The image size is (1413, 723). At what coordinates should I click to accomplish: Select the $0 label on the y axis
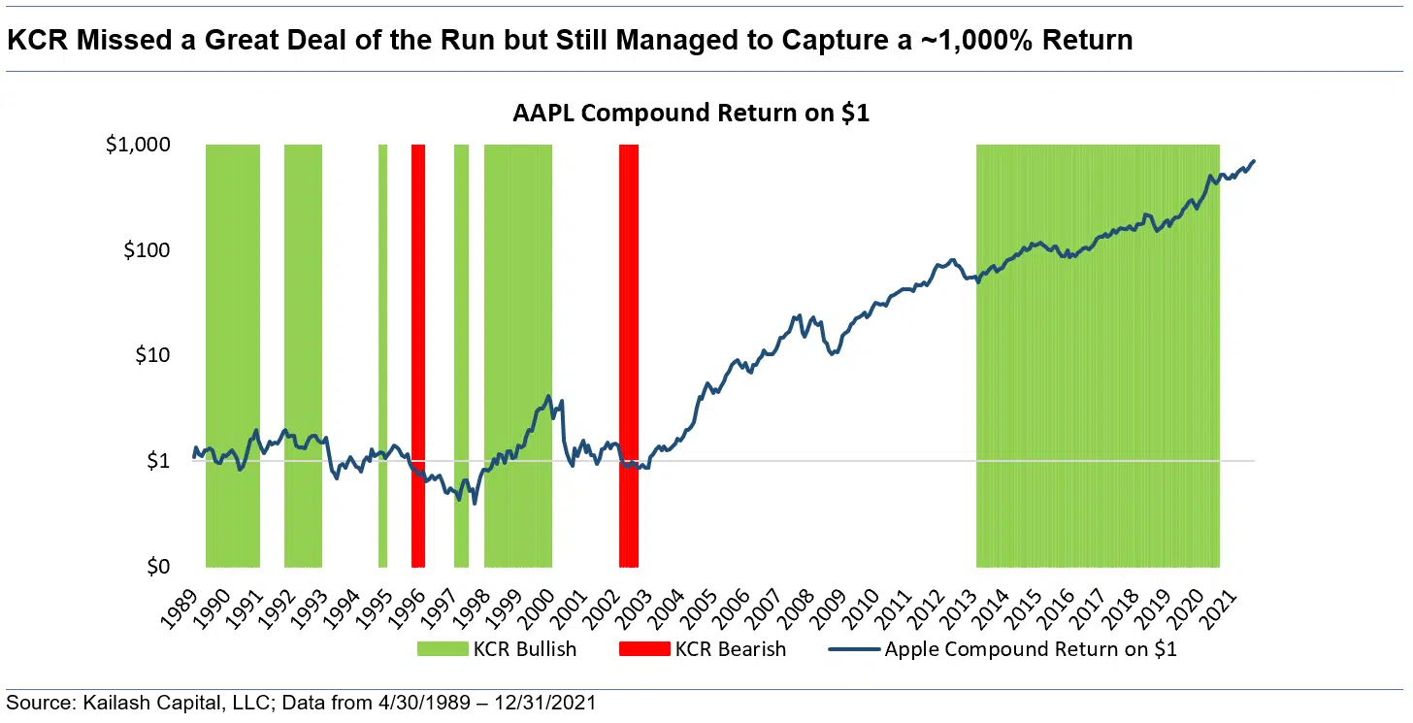point(157,567)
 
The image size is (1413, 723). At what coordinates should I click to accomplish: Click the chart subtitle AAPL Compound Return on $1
point(691,114)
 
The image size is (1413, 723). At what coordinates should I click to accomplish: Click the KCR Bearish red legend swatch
point(644,649)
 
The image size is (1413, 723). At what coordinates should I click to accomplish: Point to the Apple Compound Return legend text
point(1031,649)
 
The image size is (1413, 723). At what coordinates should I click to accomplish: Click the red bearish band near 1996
point(418,355)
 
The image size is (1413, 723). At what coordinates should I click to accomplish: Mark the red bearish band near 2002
point(629,355)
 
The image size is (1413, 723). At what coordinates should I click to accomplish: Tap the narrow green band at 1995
point(382,355)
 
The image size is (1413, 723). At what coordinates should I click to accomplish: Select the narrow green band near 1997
point(461,355)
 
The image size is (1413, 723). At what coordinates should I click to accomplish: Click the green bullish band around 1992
point(303,355)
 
